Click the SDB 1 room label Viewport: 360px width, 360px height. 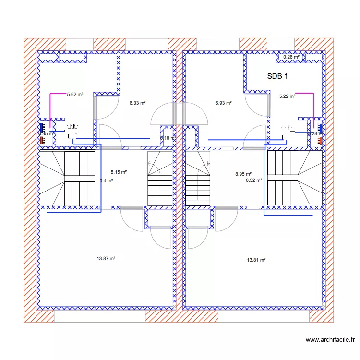coord(277,76)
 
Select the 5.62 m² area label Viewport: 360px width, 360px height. coord(75,95)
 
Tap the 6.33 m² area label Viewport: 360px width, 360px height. coord(137,102)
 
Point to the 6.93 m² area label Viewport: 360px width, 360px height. coord(224,103)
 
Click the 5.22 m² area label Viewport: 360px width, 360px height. coord(287,96)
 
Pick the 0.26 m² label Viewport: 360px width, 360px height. coord(291,57)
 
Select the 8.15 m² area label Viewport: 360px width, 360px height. coord(118,172)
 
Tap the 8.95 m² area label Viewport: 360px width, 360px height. coord(243,174)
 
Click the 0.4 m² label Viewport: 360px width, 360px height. coord(106,181)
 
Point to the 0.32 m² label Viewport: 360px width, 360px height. coord(253,180)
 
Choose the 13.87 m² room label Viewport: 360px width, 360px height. coord(106,258)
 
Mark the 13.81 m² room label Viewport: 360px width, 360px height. coord(256,260)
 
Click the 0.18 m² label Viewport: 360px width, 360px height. coord(167,138)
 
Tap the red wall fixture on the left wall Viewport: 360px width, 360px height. coord(42,141)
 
